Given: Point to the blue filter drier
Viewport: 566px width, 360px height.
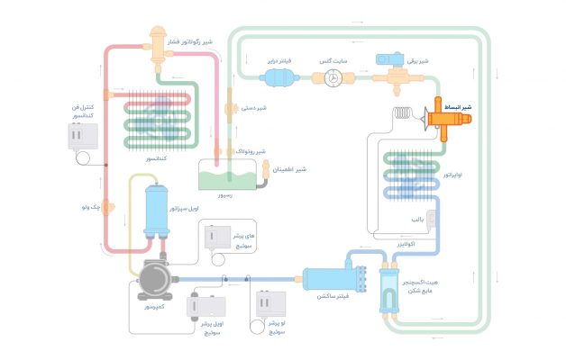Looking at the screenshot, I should [281, 77].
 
